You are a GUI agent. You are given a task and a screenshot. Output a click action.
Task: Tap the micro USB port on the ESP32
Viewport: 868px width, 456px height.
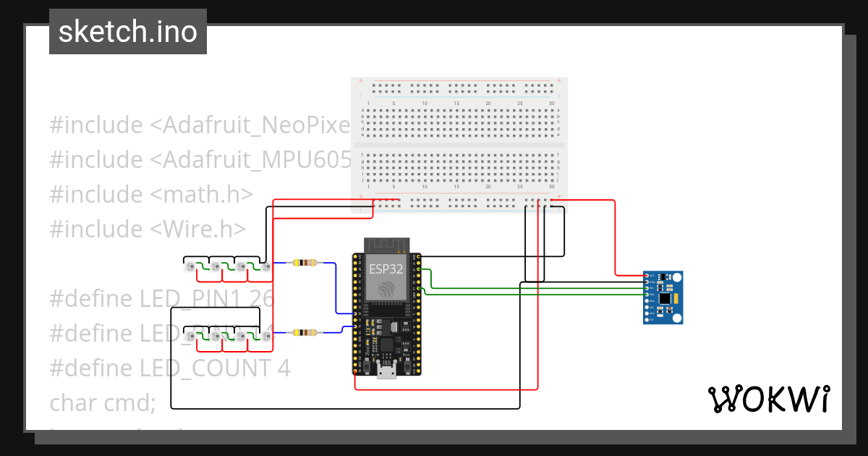(x=386, y=373)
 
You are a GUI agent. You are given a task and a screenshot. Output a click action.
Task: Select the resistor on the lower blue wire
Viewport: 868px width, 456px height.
(x=304, y=333)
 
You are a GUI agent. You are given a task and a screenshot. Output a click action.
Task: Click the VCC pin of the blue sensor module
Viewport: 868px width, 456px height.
(x=646, y=276)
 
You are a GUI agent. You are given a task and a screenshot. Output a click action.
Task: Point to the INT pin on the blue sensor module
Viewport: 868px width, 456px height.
(x=646, y=319)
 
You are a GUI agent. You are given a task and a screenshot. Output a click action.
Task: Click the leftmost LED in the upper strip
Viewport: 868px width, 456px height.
(x=190, y=268)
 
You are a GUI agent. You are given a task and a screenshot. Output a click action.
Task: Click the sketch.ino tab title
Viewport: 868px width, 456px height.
(x=128, y=32)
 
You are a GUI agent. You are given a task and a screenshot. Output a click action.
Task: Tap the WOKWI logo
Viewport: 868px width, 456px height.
(x=768, y=399)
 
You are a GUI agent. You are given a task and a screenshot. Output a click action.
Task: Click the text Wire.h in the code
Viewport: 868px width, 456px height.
(x=200, y=229)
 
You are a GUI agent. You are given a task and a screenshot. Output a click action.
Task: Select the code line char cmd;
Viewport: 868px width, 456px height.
(x=103, y=402)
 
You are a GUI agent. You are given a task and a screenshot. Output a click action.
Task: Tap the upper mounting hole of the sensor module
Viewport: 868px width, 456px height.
(x=677, y=277)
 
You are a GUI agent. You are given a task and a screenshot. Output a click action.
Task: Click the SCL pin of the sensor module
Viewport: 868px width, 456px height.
(x=646, y=288)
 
